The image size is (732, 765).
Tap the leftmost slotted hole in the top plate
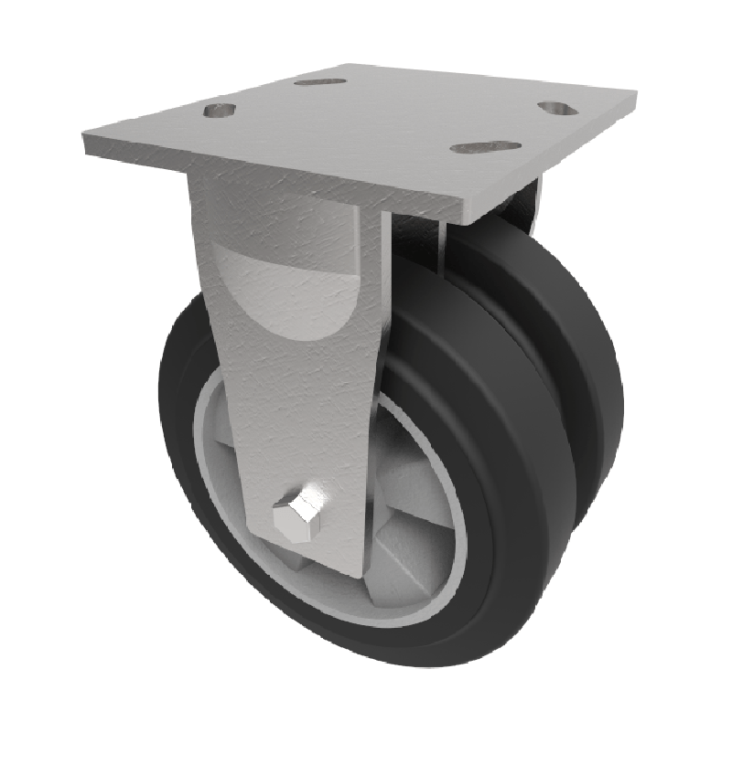(x=220, y=111)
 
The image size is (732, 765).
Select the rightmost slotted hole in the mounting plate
(x=554, y=108)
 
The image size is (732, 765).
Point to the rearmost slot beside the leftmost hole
(x=320, y=81)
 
